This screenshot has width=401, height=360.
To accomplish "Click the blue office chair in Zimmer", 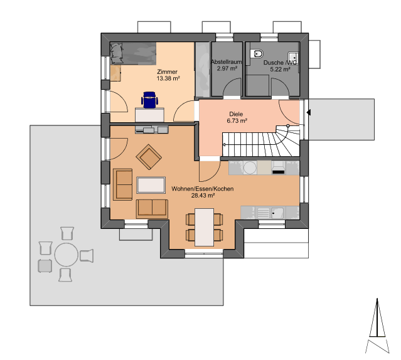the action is click(x=149, y=100).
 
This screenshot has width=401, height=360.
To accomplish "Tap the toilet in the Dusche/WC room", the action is click(x=259, y=54).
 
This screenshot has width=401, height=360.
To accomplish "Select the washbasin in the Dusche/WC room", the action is click(x=293, y=58).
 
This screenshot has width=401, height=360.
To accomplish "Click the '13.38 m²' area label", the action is click(x=168, y=78).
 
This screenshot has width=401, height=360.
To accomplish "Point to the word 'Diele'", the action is click(x=236, y=114).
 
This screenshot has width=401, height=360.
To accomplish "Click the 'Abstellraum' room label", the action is click(x=227, y=62).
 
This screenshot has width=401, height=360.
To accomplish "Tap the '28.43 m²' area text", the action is click(x=203, y=196).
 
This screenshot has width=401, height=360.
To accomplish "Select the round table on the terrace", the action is click(x=67, y=255).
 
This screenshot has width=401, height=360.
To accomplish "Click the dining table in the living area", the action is click(x=204, y=227).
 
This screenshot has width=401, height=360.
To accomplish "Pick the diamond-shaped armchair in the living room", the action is click(x=149, y=157).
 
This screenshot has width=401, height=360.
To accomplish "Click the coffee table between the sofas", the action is click(x=151, y=185).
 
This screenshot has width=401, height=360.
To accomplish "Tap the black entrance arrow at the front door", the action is click(x=309, y=112).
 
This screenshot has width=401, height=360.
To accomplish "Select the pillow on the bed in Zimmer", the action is click(x=116, y=53).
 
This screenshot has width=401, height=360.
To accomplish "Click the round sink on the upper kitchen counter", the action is click(x=250, y=167).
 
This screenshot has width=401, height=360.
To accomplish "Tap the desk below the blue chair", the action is click(x=149, y=115).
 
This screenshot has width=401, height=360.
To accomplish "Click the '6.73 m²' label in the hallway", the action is click(x=237, y=120).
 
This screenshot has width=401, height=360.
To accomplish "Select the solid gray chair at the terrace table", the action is click(x=45, y=266).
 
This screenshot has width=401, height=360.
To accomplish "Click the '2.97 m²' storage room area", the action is click(x=227, y=68).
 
